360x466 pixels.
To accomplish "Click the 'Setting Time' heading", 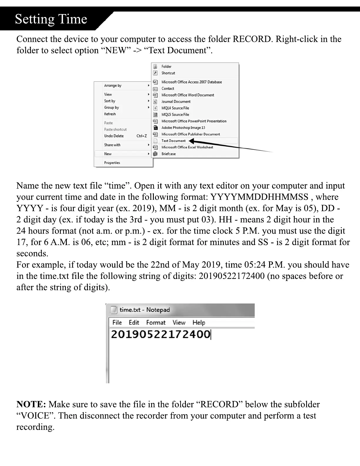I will [x=51, y=19].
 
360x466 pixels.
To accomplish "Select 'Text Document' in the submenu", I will [x=174, y=141].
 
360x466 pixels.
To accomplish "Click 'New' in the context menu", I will [x=108, y=154].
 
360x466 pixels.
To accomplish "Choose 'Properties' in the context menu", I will [x=112, y=163].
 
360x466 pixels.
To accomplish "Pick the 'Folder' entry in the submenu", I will [x=166, y=66].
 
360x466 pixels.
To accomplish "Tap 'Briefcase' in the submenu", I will [x=169, y=154].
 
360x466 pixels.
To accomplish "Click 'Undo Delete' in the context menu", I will [x=114, y=136].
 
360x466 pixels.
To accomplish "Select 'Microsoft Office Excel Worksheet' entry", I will [x=187, y=147].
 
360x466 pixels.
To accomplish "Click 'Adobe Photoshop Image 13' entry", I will [x=183, y=128].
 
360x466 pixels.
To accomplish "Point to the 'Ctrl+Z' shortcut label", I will [x=141, y=136].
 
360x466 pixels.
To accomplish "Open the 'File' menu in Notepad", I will [x=117, y=322].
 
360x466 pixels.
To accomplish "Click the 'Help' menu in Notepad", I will [x=199, y=322].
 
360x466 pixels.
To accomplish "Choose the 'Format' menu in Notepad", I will [x=156, y=322].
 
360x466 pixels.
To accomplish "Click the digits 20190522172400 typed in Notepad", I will [x=160, y=334].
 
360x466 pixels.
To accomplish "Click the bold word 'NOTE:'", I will [x=31, y=404].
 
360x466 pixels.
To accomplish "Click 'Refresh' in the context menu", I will [x=110, y=114].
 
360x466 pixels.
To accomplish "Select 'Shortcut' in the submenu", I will [x=168, y=73].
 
